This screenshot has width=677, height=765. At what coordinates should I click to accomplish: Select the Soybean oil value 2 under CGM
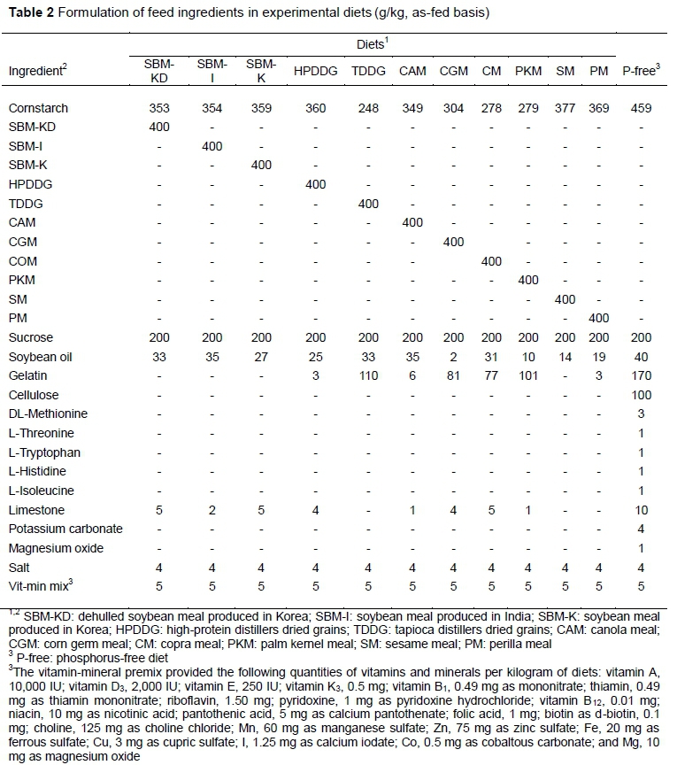[x=454, y=357]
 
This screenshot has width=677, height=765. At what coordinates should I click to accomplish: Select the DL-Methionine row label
[x=42, y=414]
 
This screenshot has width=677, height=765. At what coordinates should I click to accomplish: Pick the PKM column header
[x=527, y=70]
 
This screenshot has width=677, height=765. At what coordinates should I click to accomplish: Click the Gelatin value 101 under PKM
[x=527, y=376]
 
